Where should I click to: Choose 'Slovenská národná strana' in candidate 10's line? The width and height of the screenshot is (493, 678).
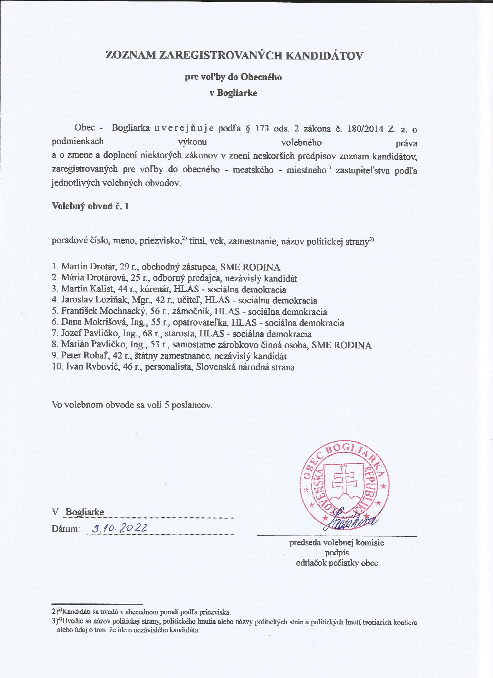click(245, 367)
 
